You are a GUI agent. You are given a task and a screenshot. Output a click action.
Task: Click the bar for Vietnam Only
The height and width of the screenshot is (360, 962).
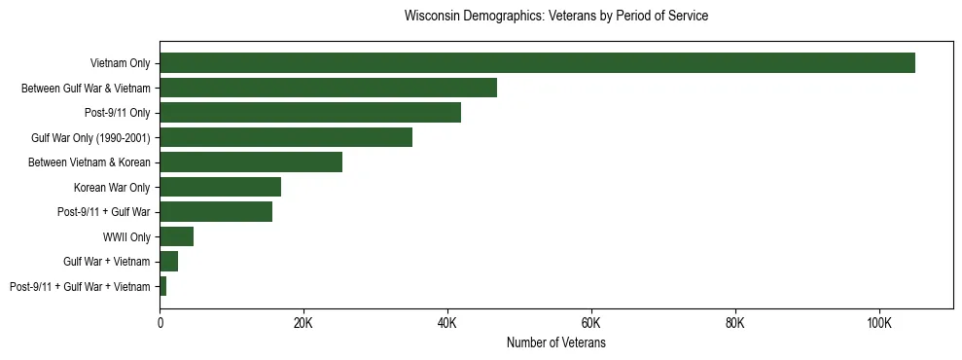tap(537, 63)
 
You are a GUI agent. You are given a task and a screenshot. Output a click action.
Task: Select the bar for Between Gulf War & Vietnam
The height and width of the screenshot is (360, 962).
tap(328, 88)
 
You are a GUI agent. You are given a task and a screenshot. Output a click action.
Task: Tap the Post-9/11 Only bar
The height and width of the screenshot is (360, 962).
tap(310, 113)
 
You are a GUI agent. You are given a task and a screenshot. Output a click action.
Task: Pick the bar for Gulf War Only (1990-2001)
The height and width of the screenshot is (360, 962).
tap(286, 137)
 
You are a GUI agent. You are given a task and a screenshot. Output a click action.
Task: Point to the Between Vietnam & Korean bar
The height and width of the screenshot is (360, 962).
tap(251, 162)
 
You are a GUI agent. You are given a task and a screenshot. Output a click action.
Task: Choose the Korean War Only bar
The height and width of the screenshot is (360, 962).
tap(220, 187)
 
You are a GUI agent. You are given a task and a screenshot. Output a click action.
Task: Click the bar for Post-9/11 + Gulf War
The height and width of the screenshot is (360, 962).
tap(216, 212)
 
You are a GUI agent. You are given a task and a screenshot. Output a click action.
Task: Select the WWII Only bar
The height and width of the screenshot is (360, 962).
tap(176, 236)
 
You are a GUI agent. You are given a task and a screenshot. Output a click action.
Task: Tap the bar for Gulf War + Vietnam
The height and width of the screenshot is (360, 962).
tap(168, 262)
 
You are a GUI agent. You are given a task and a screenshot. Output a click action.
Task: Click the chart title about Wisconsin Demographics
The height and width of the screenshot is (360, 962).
tap(555, 17)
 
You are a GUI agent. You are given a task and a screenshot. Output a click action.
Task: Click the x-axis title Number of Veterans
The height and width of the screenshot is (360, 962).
tap(555, 343)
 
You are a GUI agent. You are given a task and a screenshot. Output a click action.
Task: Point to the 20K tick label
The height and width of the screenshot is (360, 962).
tap(303, 323)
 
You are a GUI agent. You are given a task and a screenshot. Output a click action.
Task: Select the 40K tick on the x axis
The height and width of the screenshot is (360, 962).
tap(447, 323)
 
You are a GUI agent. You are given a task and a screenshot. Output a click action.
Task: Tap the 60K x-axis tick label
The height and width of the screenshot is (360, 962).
tap(591, 323)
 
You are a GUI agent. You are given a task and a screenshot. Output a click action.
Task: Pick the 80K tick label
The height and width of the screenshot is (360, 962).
tap(735, 323)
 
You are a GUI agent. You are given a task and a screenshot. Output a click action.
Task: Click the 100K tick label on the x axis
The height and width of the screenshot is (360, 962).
tap(879, 323)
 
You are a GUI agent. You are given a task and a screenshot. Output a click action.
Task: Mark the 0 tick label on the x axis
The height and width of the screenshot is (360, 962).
tap(160, 323)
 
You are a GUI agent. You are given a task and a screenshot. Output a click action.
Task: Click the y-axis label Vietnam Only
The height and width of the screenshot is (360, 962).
tap(120, 63)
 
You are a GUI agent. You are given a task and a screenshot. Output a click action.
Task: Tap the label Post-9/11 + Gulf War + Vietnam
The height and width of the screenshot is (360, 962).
tap(80, 286)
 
